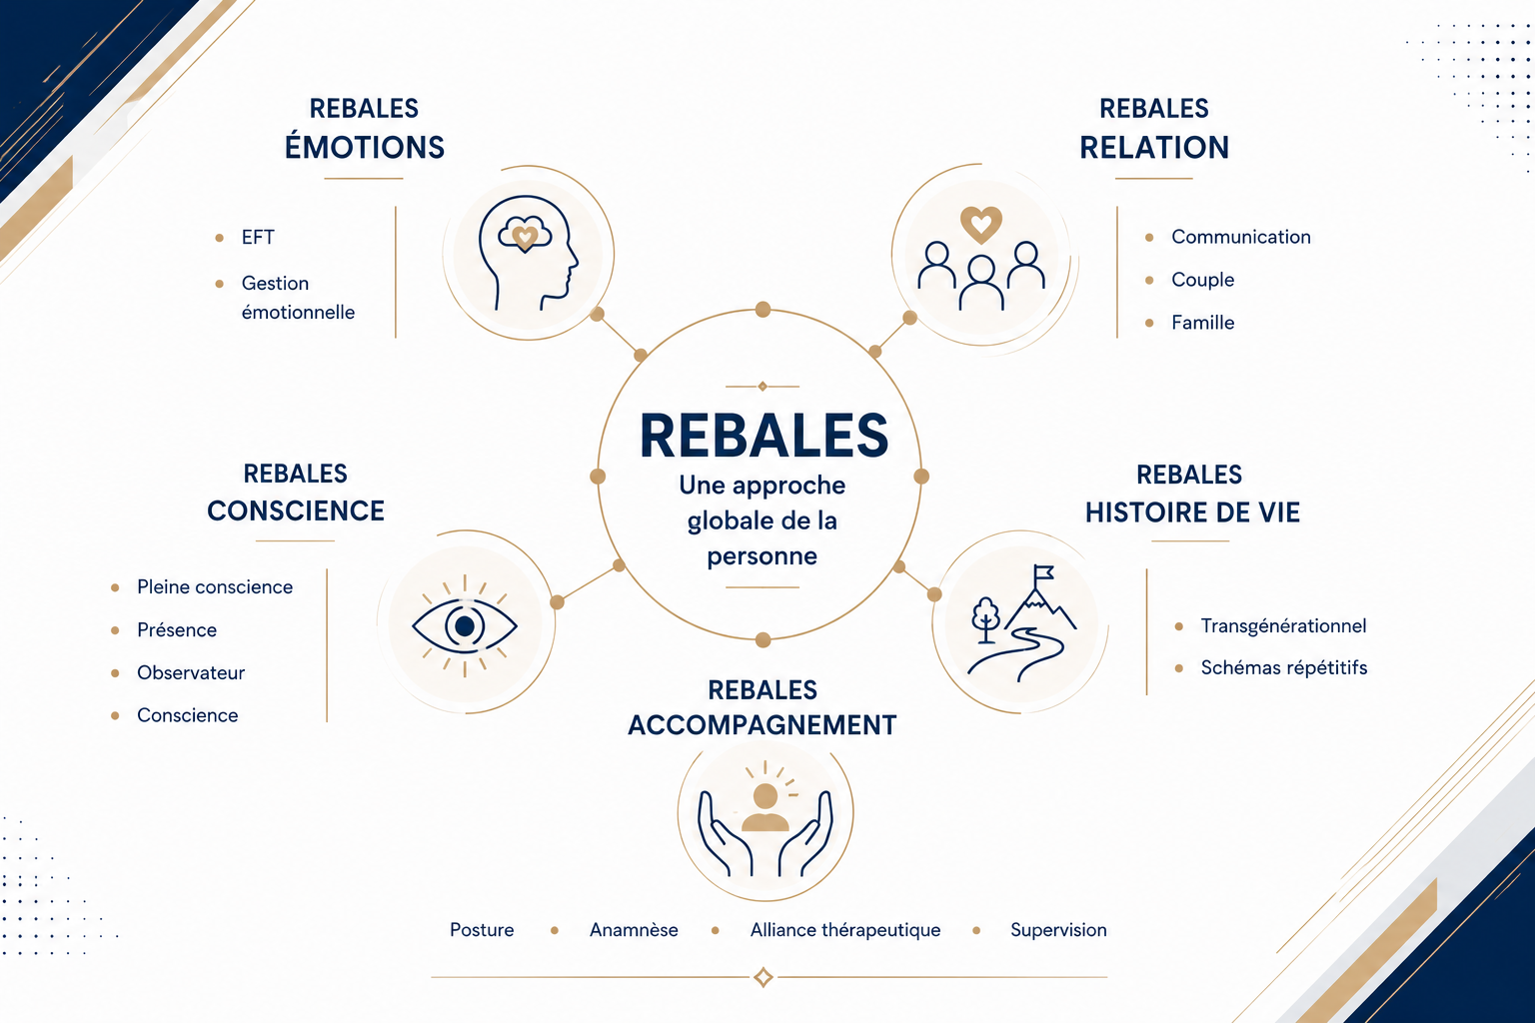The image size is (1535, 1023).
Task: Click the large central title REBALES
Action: click(764, 436)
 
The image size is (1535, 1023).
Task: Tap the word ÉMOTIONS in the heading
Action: click(365, 147)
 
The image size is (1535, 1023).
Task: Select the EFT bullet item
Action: click(258, 237)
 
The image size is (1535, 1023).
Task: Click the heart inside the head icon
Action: click(526, 237)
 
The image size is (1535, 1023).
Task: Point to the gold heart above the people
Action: click(981, 224)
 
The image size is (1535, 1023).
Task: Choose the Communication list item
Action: click(1241, 237)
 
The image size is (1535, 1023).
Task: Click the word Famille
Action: click(1202, 322)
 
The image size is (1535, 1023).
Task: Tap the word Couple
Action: click(1202, 280)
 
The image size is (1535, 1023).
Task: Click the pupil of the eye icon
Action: click(465, 625)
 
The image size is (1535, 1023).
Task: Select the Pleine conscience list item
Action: click(215, 586)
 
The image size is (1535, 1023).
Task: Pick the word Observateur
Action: click(191, 672)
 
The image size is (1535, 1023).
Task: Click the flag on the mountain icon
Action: click(1043, 572)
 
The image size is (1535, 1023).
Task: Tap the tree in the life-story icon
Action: click(985, 618)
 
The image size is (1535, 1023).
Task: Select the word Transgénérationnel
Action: click(1283, 625)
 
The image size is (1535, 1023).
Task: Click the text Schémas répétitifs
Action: click(1284, 667)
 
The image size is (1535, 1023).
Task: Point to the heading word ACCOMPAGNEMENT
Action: click(763, 725)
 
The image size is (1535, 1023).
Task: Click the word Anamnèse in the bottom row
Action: click(634, 930)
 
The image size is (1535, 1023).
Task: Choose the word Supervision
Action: click(1058, 930)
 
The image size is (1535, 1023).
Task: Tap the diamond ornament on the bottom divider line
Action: click(764, 977)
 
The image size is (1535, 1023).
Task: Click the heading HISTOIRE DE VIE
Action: click(1192, 512)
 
